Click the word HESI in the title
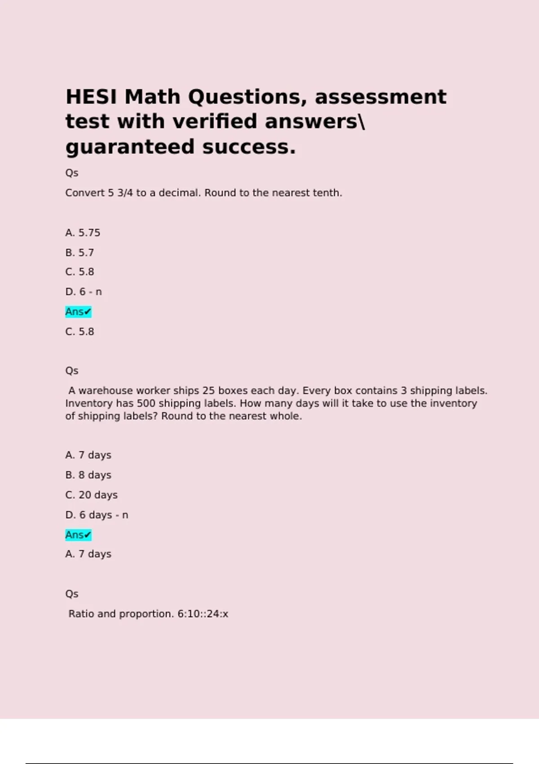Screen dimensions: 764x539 point(92,97)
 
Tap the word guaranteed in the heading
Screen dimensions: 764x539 point(131,147)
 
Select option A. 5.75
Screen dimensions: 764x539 point(83,233)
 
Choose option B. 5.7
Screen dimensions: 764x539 point(80,253)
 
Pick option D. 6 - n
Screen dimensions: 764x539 point(84,292)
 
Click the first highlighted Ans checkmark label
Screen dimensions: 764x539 point(78,312)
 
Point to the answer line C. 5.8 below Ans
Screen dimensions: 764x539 point(80,332)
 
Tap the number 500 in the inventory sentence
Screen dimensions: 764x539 point(146,404)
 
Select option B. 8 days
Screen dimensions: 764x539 point(88,475)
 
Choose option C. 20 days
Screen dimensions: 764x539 point(91,495)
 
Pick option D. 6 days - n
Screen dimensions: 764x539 point(97,515)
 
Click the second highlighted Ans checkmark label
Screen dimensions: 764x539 point(78,535)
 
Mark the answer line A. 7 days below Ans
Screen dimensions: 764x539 point(88,554)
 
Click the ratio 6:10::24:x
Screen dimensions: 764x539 point(203,614)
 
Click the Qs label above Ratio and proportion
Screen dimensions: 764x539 point(72,594)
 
